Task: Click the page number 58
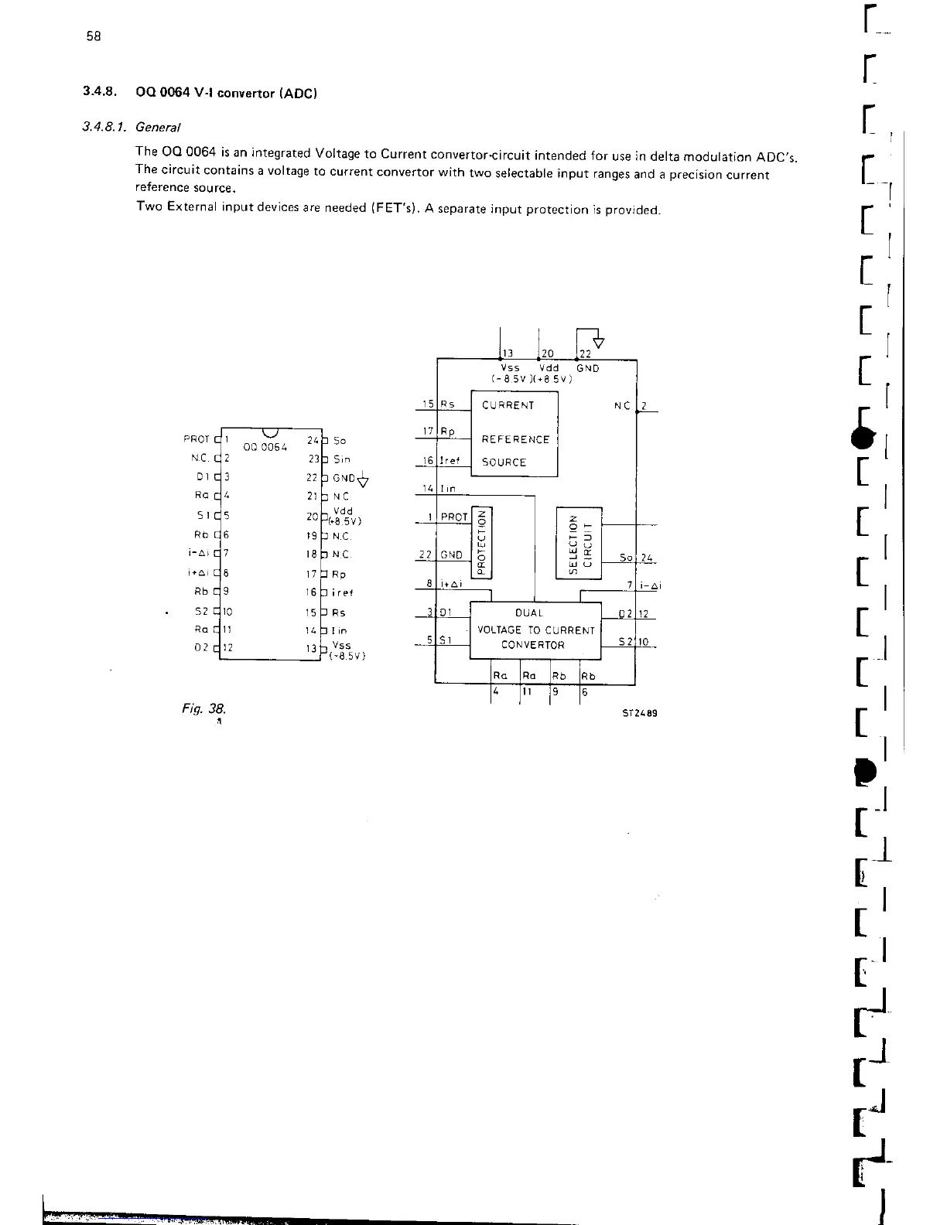pyautogui.click(x=94, y=36)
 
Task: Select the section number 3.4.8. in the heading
pyautogui.click(x=100, y=92)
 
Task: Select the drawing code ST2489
pyautogui.click(x=640, y=715)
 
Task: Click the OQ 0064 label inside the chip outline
pyautogui.click(x=265, y=447)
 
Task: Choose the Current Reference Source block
pyautogui.click(x=515, y=434)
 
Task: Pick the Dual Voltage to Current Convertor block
pyautogui.click(x=535, y=630)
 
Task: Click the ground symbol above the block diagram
pyautogui.click(x=597, y=342)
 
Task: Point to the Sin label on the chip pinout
pyautogui.click(x=342, y=459)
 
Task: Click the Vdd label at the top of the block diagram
pyautogui.click(x=549, y=368)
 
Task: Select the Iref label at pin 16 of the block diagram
pyautogui.click(x=451, y=461)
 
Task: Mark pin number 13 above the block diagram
pyautogui.click(x=508, y=354)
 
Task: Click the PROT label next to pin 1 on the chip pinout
pyautogui.click(x=196, y=439)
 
